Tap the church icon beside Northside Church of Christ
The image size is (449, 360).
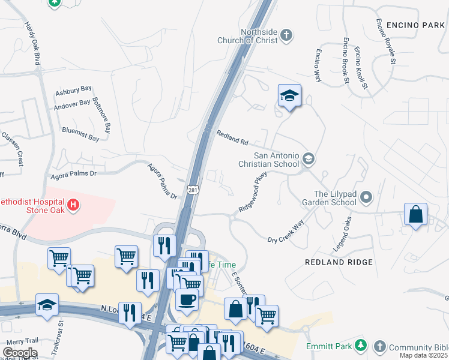pos(286,35)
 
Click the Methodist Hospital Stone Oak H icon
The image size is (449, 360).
pos(73,206)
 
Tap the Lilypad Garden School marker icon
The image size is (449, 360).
pos(367,197)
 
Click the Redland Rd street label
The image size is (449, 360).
pos(232,139)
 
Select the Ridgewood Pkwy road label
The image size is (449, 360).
pos(252,192)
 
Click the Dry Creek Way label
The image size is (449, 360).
pos(286,231)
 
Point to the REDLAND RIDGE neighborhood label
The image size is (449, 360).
pos(339,262)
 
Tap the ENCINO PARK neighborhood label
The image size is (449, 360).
pos(415,25)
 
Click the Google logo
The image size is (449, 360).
pos(20,352)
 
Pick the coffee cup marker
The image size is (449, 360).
pos(187,298)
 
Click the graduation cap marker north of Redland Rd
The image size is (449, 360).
pos(289,95)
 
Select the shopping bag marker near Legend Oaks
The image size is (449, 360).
pos(415,214)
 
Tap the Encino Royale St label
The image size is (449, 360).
pos(385,41)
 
